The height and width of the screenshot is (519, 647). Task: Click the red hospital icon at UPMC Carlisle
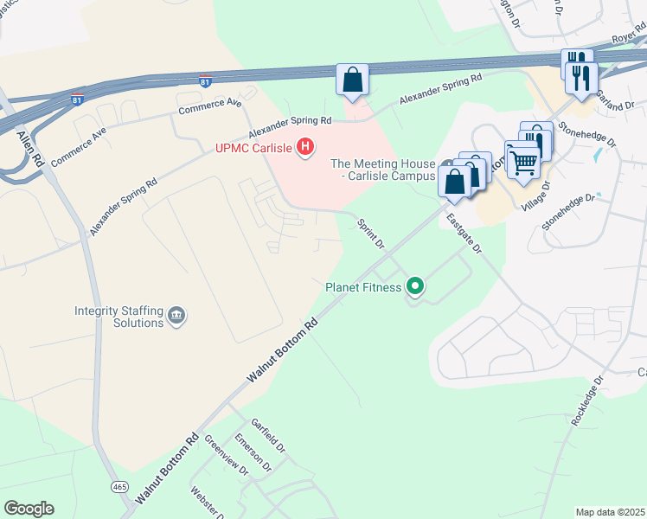(304, 148)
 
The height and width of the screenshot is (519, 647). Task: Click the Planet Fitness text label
(363, 287)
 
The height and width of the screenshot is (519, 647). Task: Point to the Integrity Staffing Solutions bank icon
(176, 314)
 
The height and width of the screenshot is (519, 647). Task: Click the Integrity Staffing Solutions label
(119, 316)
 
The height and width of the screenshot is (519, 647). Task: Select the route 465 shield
(119, 487)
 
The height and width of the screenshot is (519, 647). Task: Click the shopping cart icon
(522, 160)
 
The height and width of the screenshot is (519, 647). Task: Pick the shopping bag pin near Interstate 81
(352, 81)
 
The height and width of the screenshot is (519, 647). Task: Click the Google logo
(29, 509)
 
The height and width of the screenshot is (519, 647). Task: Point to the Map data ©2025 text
(610, 512)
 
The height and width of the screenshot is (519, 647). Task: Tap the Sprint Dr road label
(371, 233)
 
